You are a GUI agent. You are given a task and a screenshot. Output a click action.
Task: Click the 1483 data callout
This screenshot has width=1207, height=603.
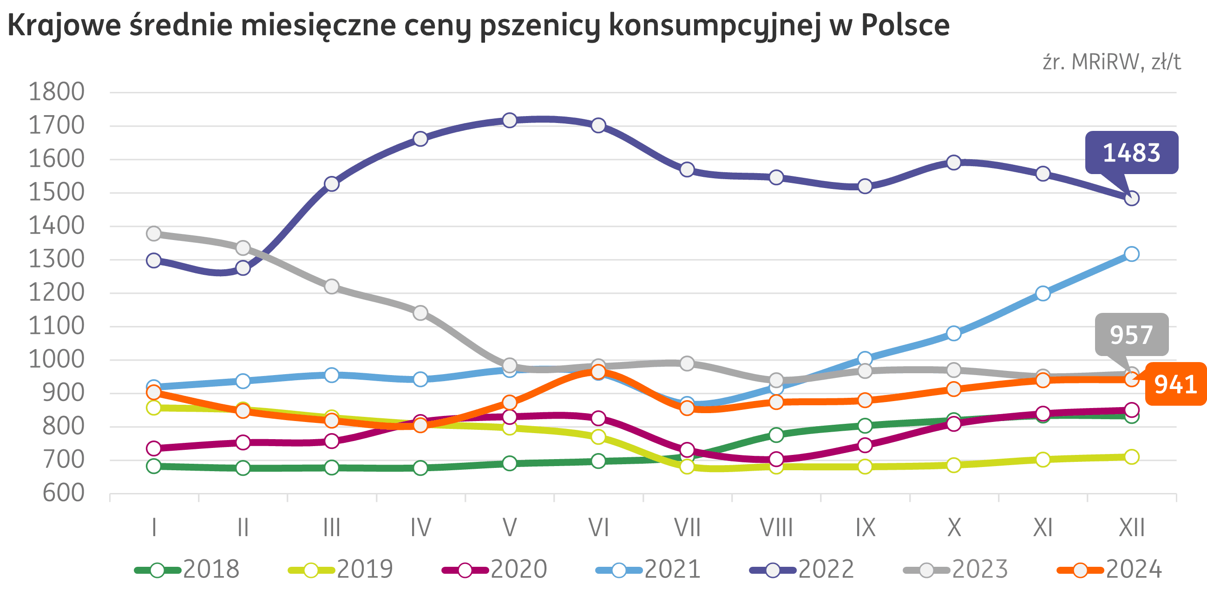click(x=1132, y=153)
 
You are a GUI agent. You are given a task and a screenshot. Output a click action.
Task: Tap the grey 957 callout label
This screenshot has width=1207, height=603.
click(x=1131, y=335)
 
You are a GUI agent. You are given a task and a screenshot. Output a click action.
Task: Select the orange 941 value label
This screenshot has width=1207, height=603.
click(x=1175, y=384)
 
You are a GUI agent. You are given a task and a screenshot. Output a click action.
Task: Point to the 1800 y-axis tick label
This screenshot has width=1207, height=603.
click(x=56, y=92)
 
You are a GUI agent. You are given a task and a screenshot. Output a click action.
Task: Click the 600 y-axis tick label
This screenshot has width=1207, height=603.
click(x=63, y=493)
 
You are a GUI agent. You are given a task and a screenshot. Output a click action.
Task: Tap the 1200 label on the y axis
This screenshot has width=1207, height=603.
click(x=56, y=292)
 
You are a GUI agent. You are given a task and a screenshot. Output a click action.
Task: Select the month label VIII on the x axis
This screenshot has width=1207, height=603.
click(x=776, y=528)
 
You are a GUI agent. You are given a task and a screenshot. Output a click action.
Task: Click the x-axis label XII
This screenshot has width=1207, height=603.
click(x=1132, y=528)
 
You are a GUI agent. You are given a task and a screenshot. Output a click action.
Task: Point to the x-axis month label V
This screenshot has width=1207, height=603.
click(x=509, y=528)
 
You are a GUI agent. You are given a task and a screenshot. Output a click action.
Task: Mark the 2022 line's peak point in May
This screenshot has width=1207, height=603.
click(x=509, y=120)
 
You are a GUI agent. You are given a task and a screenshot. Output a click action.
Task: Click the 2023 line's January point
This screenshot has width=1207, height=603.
click(x=154, y=233)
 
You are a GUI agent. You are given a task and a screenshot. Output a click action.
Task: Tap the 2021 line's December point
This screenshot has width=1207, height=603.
click(x=1132, y=254)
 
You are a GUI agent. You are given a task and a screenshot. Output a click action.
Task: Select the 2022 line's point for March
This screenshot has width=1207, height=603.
click(x=331, y=183)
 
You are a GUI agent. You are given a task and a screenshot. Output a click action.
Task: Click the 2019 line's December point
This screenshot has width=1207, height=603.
click(x=1132, y=456)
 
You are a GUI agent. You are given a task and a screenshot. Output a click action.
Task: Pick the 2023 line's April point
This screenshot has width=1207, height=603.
click(x=420, y=312)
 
